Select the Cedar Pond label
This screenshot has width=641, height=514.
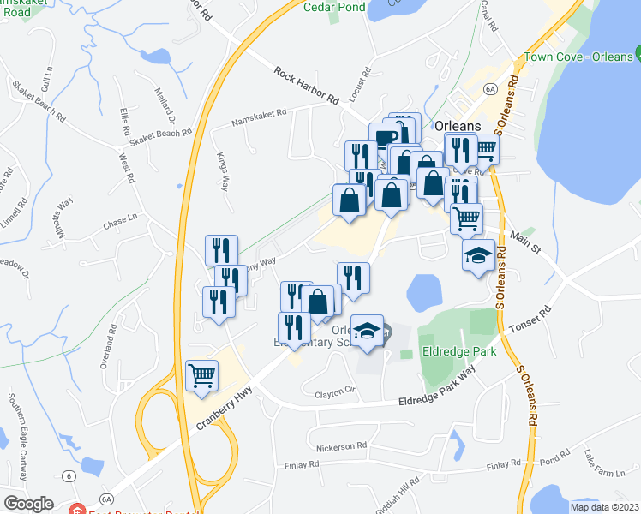tap(333, 7)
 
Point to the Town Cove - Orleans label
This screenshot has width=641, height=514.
tap(575, 65)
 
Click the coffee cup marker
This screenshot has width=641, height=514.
tap(386, 138)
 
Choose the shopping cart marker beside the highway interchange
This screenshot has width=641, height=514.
tap(202, 375)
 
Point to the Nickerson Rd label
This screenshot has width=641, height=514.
tap(341, 445)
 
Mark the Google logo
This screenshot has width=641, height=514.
tap(28, 504)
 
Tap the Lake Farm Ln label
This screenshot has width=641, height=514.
tap(605, 465)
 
